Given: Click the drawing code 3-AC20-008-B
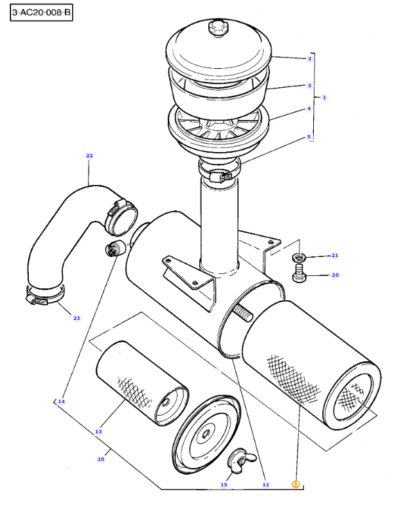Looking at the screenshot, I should pos(41,12).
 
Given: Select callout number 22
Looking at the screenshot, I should pos(90,156).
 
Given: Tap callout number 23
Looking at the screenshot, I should pos(76,318).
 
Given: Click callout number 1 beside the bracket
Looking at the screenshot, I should pos(324,97).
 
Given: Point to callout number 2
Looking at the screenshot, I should pos(309,58).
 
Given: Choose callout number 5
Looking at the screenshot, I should pos(309,137).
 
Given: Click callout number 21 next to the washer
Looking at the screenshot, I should pos(334,255).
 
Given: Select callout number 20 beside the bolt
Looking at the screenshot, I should pos(335,275).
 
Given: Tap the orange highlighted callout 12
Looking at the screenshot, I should pos(296,484).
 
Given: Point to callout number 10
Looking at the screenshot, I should pos(100,459).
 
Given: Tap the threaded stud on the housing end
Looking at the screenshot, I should pos(242,313).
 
